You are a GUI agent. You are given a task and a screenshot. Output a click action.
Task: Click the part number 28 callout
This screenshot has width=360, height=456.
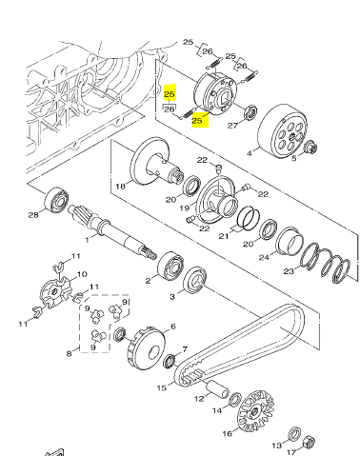coord(34,214)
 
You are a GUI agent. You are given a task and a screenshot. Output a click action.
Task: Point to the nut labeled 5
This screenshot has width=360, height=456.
coord(310,147)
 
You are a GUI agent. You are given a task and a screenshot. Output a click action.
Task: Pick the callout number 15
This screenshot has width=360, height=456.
coord(162,388)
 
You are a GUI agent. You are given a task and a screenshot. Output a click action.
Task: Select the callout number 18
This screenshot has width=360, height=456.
coord(120,186)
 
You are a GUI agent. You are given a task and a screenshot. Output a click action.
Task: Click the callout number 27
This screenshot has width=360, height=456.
coord(231,125)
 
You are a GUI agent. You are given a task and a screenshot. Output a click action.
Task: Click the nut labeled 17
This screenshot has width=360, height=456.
coord(309,440)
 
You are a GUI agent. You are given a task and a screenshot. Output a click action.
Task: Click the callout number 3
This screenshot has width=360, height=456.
coord(171,297)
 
